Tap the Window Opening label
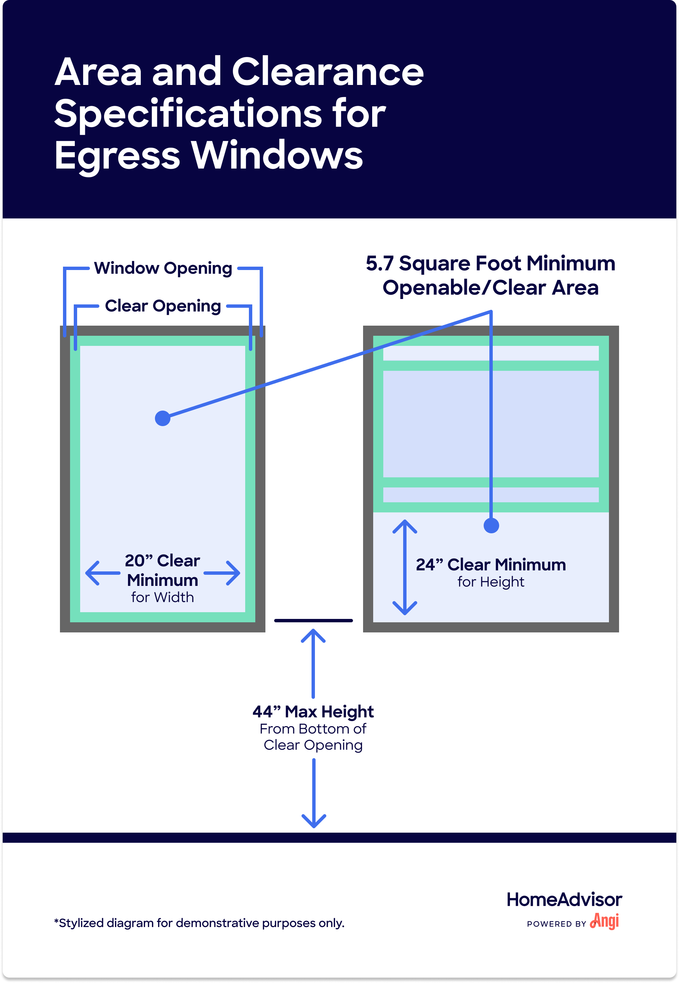163,268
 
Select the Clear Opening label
163,306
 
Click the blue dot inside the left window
163,418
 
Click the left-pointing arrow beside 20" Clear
102,573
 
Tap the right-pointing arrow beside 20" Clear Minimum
222,573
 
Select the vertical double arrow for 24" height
405,567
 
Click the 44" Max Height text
313,711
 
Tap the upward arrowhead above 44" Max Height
313,636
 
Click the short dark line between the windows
314,621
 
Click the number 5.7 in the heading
380,264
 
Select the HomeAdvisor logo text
564,899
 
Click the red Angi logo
605,921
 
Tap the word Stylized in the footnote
81,923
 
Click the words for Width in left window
163,597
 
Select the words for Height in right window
491,582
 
